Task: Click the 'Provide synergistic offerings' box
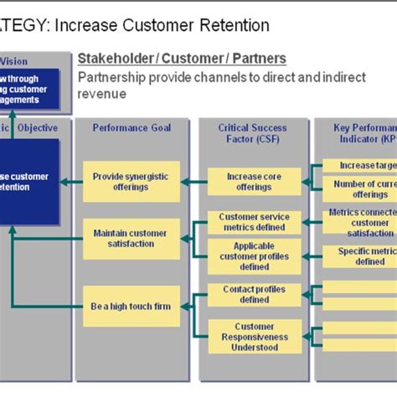(131, 181)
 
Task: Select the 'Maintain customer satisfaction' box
(131, 238)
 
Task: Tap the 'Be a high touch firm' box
(131, 306)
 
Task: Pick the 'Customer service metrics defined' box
(254, 223)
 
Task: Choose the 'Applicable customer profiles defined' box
(254, 256)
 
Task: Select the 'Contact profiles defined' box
(254, 294)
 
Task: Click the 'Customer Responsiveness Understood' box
(254, 336)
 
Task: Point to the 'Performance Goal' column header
(131, 128)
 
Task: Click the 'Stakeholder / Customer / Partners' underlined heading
(182, 59)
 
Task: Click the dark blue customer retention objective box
(29, 182)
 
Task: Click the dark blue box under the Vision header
(29, 91)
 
